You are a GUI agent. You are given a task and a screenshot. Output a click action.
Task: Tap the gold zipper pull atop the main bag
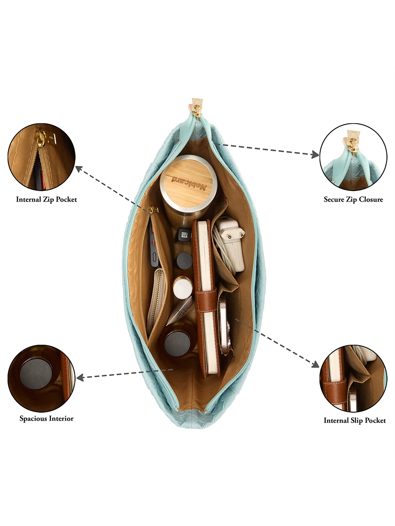(x=197, y=108)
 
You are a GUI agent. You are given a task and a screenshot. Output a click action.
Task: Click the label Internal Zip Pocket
(x=46, y=199)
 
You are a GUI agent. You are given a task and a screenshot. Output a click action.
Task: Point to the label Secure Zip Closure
(x=353, y=199)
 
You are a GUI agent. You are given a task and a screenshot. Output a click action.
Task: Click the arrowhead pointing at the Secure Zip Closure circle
(x=315, y=155)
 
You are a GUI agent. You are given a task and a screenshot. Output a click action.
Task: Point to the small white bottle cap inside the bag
(x=183, y=287)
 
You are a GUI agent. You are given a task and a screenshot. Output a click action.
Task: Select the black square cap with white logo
(x=184, y=235)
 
